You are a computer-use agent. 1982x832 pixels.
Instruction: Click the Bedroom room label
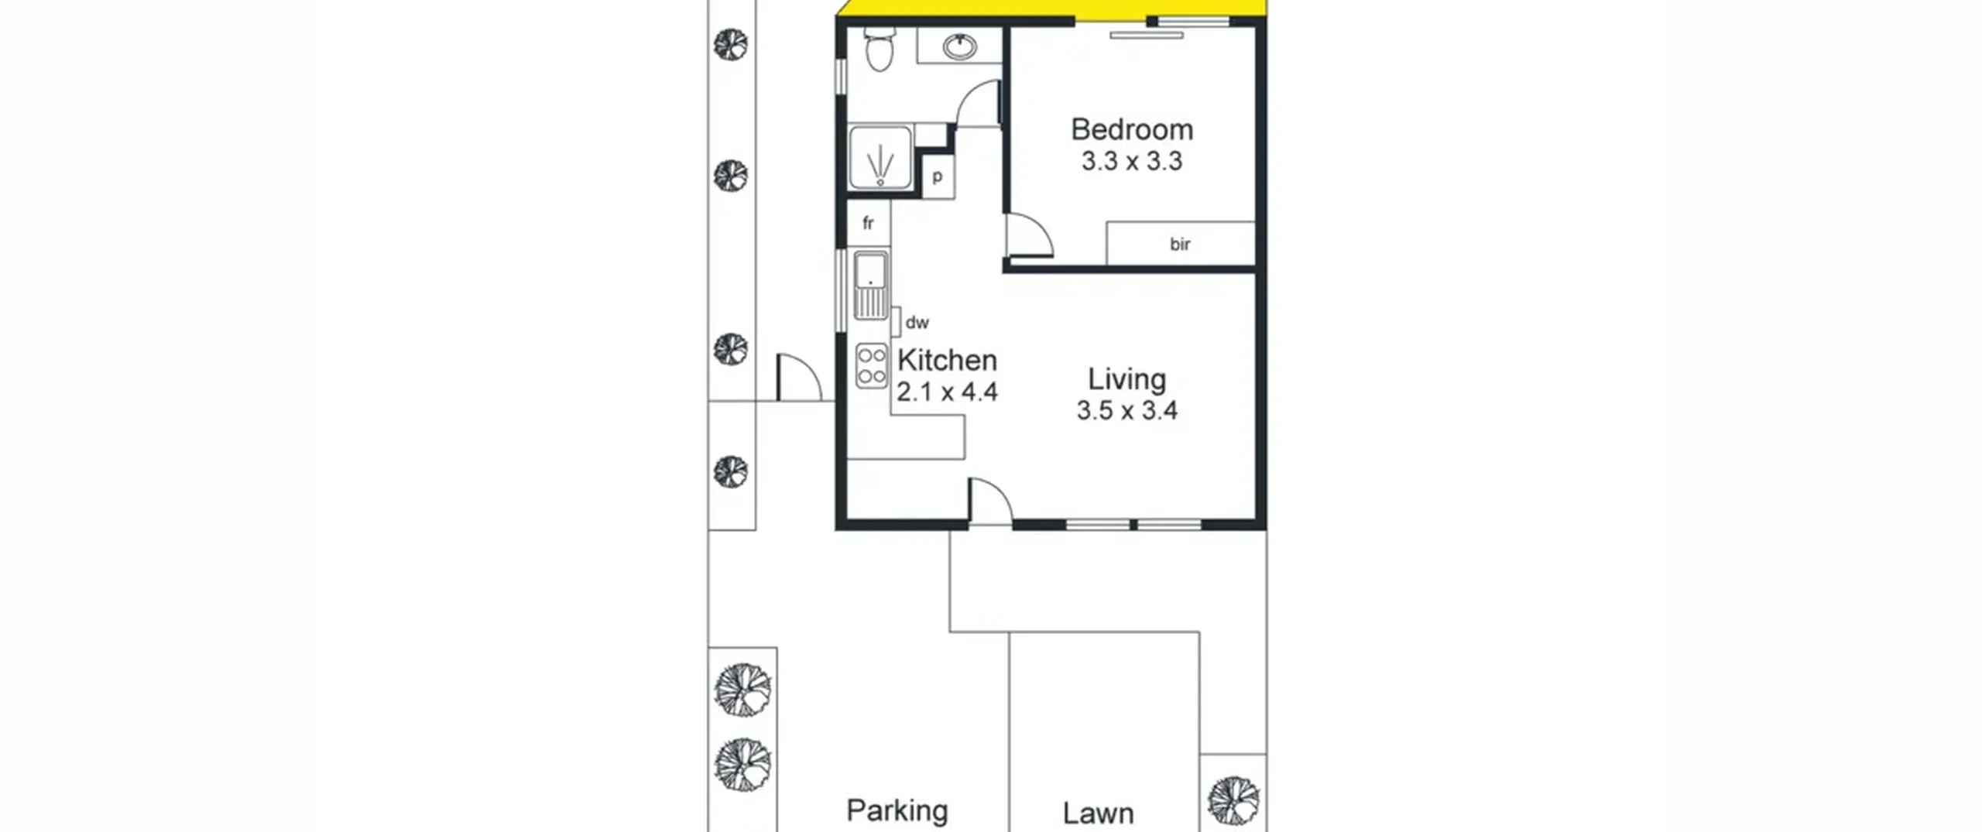pyautogui.click(x=1131, y=129)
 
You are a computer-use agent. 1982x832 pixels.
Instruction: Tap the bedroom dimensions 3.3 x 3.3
pyautogui.click(x=1131, y=162)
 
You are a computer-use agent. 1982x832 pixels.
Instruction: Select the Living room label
pyautogui.click(x=1126, y=379)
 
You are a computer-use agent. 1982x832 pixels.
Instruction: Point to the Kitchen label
pyautogui.click(x=947, y=361)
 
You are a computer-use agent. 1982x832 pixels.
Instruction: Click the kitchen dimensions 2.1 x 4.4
pyautogui.click(x=947, y=392)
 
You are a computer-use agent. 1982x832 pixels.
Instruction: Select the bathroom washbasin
pyautogui.click(x=960, y=46)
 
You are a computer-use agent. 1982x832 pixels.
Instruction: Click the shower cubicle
pyautogui.click(x=880, y=158)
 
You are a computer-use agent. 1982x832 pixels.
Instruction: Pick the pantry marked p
pyautogui.click(x=938, y=176)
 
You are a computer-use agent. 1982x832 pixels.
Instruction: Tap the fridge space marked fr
pyautogui.click(x=869, y=223)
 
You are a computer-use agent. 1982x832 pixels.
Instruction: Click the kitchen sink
pyautogui.click(x=870, y=285)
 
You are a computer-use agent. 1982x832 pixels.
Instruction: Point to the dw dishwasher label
pyautogui.click(x=917, y=323)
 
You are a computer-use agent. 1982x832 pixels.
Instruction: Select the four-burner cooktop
pyautogui.click(x=872, y=365)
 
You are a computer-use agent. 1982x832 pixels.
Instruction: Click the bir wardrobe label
pyautogui.click(x=1180, y=245)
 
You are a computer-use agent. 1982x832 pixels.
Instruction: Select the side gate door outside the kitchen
pyautogui.click(x=799, y=377)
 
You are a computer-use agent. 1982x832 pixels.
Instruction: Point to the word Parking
pyautogui.click(x=897, y=810)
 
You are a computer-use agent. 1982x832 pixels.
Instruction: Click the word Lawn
pyautogui.click(x=1098, y=813)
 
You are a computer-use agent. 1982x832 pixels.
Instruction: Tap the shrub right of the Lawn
pyautogui.click(x=1233, y=801)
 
